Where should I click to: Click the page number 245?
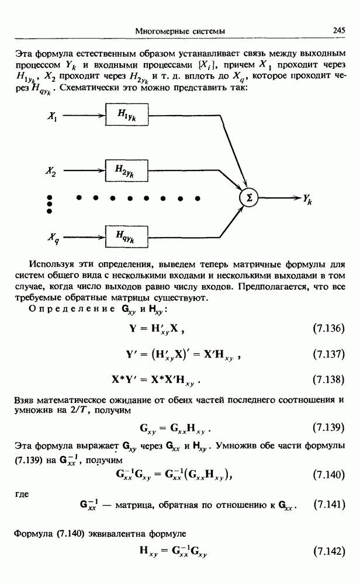[x=340, y=30]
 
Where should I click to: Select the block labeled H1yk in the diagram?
[x=126, y=117]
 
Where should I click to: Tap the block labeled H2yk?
[x=126, y=171]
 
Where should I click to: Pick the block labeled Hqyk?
[x=126, y=237]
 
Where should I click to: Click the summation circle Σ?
[x=250, y=198]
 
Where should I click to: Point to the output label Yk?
[x=307, y=199]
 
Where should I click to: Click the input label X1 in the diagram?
[x=52, y=117]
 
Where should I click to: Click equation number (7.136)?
[x=328, y=328]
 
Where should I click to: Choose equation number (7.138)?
[x=328, y=380]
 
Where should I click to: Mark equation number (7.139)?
[x=328, y=427]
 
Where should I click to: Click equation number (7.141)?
[x=328, y=503]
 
